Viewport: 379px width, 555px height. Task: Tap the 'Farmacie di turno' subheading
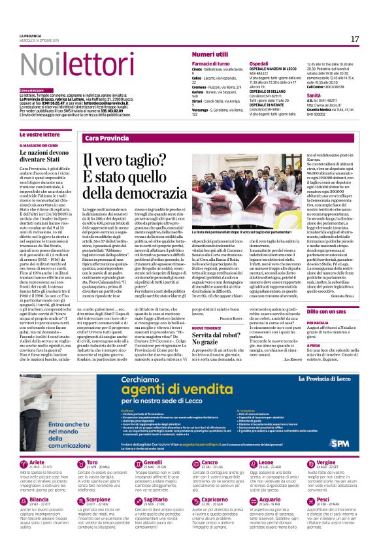pyautogui.click(x=211, y=63)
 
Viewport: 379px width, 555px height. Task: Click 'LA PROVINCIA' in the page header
pyautogui.click(x=30, y=35)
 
